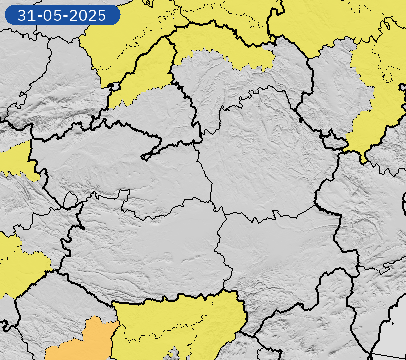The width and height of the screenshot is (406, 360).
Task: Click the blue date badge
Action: (63, 15)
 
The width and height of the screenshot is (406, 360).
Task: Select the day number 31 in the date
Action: (25, 15)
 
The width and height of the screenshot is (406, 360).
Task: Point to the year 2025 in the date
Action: (87, 15)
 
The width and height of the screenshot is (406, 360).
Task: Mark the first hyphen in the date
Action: (38, 16)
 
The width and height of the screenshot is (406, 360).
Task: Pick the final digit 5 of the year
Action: (101, 15)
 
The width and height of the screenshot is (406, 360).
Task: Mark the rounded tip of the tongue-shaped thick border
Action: (144, 157)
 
